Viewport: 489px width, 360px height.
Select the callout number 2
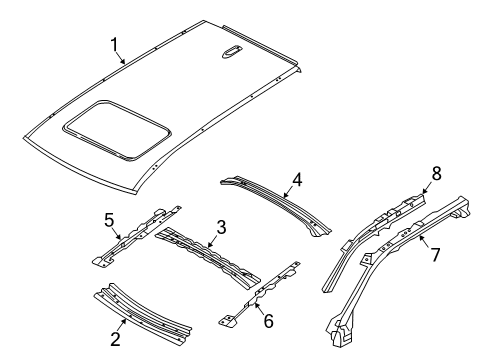click(x=116, y=339)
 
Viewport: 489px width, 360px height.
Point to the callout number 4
click(x=296, y=181)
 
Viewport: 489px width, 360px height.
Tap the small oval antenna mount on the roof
click(x=232, y=54)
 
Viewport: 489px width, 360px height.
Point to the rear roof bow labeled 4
click(x=275, y=199)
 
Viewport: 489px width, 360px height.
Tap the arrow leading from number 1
click(x=121, y=56)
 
